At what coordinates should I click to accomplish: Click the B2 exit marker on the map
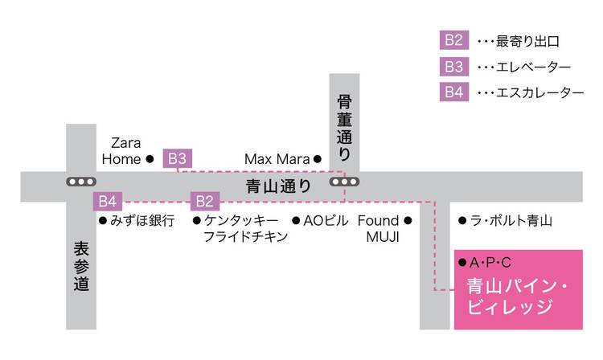[x=205, y=202]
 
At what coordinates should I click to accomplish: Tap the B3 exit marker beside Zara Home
[x=178, y=158]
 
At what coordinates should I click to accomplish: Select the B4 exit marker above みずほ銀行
[x=107, y=202]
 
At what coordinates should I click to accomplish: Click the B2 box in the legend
[x=454, y=40]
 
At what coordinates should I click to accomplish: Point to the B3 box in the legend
[x=454, y=67]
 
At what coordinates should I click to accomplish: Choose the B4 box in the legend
[x=454, y=92]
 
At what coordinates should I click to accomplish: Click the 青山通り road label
[x=278, y=186]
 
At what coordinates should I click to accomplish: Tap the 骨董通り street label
[x=344, y=127]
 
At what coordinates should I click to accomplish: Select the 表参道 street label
[x=81, y=266]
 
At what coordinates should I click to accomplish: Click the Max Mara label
[x=277, y=158]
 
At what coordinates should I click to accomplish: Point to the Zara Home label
[x=121, y=151]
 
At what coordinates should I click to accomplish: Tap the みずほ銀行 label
[x=142, y=220]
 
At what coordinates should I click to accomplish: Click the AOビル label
[x=326, y=220]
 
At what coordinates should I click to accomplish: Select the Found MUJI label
[x=379, y=228]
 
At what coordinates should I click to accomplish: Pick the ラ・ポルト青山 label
[x=511, y=220]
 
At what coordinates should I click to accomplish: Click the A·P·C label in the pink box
[x=490, y=263]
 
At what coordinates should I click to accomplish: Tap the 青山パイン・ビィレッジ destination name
[x=517, y=297]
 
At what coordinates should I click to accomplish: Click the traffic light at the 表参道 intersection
[x=81, y=182]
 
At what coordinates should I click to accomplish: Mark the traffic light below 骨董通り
[x=344, y=182]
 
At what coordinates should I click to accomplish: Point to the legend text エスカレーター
[x=540, y=92]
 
